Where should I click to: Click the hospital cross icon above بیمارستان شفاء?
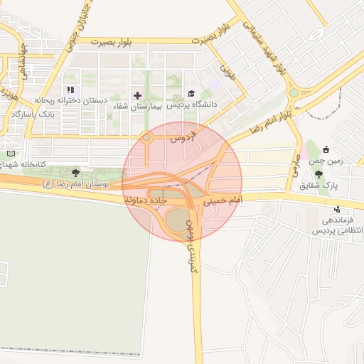[x=137, y=95]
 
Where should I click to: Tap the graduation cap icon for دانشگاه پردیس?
[x=191, y=94]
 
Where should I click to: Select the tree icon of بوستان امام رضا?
[x=76, y=172]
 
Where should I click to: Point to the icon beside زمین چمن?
[x=326, y=149]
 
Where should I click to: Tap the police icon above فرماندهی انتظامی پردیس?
[x=337, y=209]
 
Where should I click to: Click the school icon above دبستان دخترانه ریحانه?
[x=70, y=90]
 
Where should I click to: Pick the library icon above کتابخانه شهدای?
[x=10, y=153]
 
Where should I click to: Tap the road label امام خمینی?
[x=223, y=202]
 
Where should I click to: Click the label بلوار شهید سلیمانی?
[x=264, y=45]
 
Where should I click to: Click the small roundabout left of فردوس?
[x=147, y=137]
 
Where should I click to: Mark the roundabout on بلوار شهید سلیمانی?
[x=294, y=92]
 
